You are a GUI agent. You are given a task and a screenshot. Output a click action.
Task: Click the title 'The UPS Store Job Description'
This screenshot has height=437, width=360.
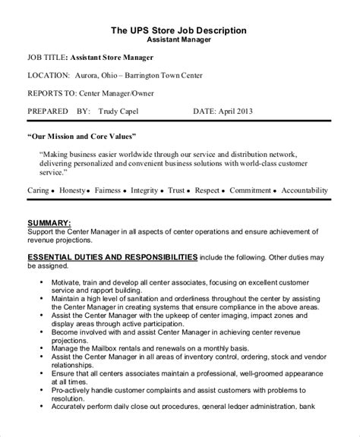[x=178, y=30]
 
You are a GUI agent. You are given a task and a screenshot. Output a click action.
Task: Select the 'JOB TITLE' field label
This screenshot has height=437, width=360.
[x=46, y=58]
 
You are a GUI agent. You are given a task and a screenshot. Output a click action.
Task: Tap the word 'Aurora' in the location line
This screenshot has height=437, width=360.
[x=90, y=75]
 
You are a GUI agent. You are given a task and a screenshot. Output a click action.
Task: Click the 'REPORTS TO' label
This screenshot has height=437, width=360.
[x=52, y=93]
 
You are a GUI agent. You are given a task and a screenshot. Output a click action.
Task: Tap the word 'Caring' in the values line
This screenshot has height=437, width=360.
[x=41, y=190]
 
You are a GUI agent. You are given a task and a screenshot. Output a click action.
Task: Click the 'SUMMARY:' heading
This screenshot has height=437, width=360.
[x=49, y=222]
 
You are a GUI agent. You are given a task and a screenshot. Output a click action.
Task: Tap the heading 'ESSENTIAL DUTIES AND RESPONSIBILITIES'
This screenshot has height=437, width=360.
[x=113, y=257]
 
